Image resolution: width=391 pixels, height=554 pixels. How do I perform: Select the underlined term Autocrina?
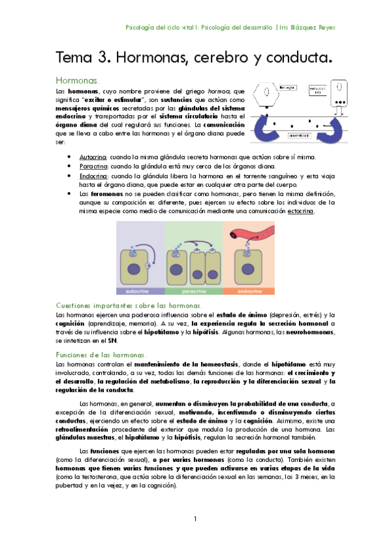[x=93, y=157]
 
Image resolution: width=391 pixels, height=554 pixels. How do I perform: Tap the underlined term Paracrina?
[x=93, y=167]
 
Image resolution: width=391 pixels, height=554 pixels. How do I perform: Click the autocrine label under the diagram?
[x=140, y=292]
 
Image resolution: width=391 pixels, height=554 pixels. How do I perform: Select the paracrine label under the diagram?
[x=193, y=292]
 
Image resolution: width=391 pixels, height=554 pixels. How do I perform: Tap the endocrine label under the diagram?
[x=246, y=292]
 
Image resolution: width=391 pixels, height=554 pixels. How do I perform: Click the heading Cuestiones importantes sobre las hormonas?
[x=129, y=305]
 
